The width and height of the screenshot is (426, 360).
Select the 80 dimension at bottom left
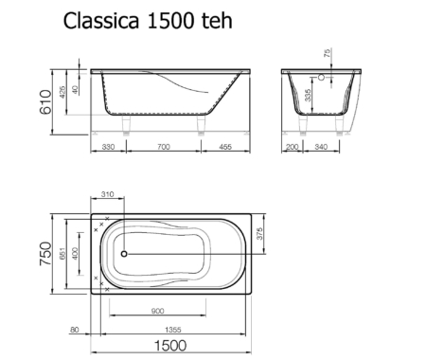click(x=74, y=330)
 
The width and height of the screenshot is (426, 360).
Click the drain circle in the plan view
click(x=121, y=253)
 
